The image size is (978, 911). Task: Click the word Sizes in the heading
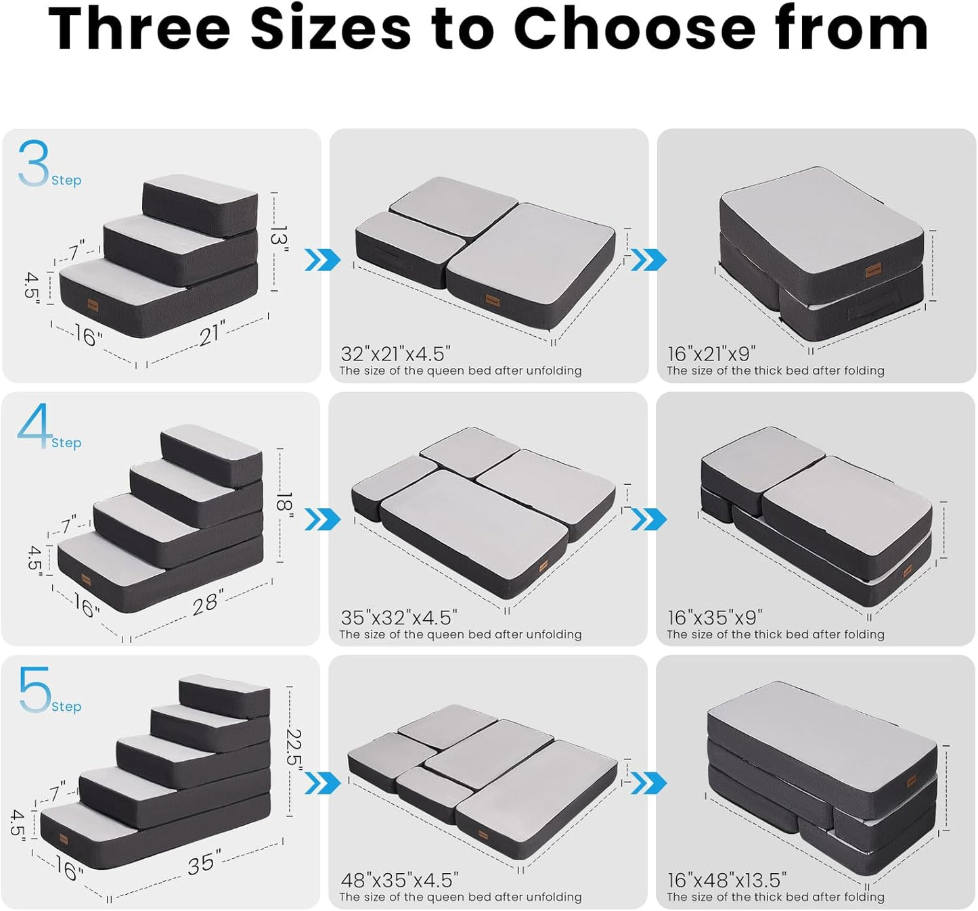coord(330,28)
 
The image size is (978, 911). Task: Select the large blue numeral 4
coord(35,425)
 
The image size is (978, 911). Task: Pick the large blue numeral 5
coord(35,689)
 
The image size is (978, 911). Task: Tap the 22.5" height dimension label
coord(294,748)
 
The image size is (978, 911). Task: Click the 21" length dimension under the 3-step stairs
coord(212,333)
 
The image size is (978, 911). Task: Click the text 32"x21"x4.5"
coord(395,354)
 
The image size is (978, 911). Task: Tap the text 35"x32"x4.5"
coord(399,617)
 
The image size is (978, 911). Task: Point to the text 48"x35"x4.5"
coord(399,880)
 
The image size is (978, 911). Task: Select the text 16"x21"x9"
coord(711,354)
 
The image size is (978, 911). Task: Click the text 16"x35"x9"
coord(715,617)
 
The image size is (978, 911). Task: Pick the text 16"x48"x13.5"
coord(727,880)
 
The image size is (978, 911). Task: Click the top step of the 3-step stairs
coord(201,196)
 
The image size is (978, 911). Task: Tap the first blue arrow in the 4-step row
coord(322,519)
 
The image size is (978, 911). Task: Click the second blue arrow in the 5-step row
coord(648,782)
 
